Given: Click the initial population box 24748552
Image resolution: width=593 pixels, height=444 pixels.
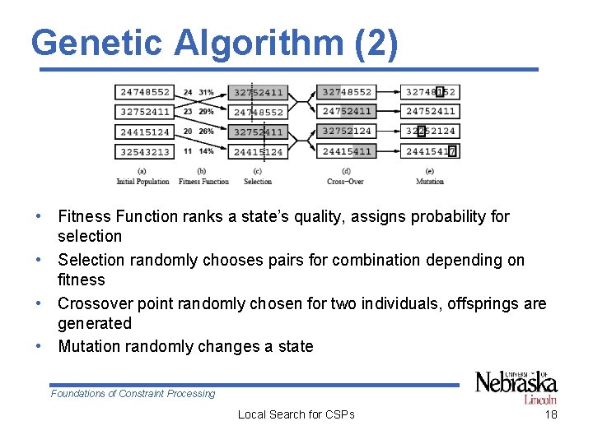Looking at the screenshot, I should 144,92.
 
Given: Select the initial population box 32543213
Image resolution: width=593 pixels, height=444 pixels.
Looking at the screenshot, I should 144,151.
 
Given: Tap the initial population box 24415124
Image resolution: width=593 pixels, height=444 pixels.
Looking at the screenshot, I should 144,132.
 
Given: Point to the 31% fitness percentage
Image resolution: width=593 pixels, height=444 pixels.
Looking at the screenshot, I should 206,92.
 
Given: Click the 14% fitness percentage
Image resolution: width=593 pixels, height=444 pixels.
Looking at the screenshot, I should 206,151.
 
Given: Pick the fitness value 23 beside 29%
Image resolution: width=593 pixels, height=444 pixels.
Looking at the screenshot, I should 188,112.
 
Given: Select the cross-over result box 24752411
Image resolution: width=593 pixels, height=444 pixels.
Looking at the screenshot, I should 347,111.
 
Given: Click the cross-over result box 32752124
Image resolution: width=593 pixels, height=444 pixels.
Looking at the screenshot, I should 347,131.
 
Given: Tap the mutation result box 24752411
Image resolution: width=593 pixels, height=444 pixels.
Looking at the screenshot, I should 430,111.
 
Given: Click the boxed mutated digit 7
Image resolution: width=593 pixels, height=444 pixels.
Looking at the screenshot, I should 452,151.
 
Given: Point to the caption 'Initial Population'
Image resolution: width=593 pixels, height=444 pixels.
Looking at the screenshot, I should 142,182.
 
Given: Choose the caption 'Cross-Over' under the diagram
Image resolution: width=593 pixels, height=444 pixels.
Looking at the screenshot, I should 345,182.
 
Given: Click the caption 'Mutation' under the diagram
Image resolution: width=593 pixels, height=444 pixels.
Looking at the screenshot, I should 429,182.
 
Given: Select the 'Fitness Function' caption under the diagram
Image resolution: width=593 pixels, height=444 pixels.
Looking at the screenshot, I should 203,182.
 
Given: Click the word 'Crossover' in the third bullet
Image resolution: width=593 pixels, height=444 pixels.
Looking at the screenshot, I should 93,303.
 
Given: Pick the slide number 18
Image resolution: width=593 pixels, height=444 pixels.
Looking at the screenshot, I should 551,414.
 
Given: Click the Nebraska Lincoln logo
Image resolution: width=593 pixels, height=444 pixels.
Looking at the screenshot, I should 516,386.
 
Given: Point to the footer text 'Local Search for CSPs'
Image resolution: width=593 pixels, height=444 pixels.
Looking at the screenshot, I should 296,414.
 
